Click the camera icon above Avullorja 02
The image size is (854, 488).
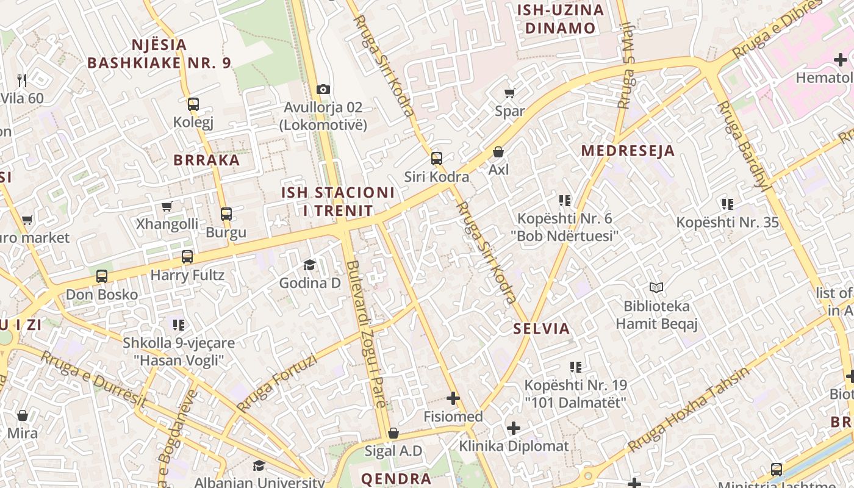tap(323, 90)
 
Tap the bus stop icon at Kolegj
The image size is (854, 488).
tap(193, 104)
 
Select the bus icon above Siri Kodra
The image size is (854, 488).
tap(437, 159)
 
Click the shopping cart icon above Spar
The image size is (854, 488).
tap(510, 93)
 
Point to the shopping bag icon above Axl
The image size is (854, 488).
tap(498, 151)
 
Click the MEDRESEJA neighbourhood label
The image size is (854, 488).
tap(628, 151)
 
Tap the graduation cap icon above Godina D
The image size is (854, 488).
tap(310, 265)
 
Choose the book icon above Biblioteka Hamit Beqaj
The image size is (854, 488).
tap(656, 287)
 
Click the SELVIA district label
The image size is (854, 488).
tap(542, 329)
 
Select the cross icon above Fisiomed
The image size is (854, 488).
tap(453, 399)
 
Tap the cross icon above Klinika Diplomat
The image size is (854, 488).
tap(514, 428)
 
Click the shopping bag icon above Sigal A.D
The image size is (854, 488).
tap(393, 433)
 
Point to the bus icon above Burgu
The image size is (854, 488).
tap(226, 214)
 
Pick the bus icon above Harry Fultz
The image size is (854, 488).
tap(187, 257)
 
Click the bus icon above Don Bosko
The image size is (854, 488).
tap(102, 276)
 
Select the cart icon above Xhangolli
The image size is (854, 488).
tap(167, 206)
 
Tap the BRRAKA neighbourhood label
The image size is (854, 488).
tap(207, 160)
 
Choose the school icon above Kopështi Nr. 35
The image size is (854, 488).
tap(727, 204)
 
